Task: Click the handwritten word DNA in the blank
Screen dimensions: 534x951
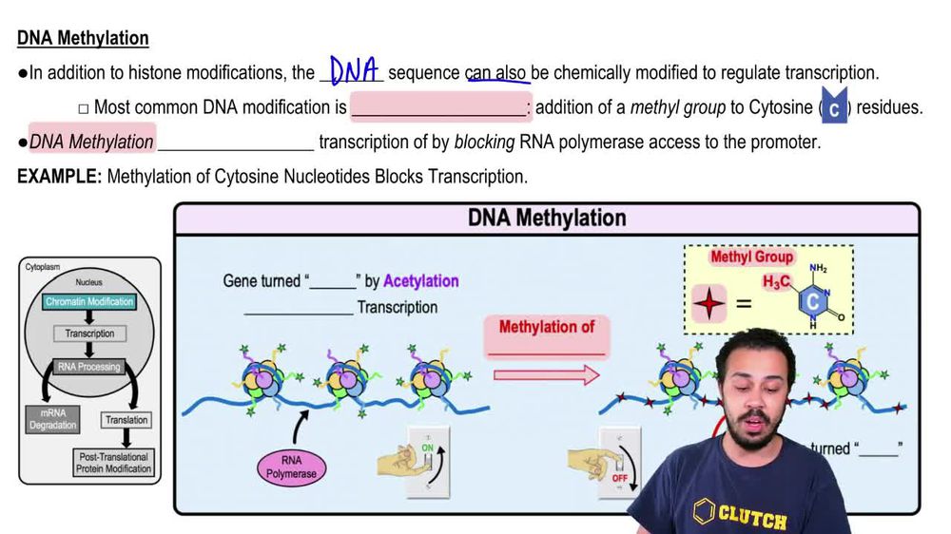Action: [x=354, y=70]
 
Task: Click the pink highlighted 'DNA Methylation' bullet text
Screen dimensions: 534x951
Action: [x=91, y=142]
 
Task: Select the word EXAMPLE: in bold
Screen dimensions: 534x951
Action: [x=59, y=177]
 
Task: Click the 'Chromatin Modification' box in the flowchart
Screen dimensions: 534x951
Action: [x=89, y=301]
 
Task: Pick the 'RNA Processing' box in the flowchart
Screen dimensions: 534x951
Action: [x=89, y=367]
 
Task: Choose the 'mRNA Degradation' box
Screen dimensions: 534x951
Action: [x=52, y=419]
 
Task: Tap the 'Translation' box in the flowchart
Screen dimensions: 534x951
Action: [x=126, y=419]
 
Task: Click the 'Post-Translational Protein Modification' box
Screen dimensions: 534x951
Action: [x=113, y=463]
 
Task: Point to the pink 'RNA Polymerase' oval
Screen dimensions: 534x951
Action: [x=291, y=467]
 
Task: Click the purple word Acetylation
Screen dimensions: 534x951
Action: [x=420, y=281]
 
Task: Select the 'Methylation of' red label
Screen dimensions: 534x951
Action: [x=547, y=327]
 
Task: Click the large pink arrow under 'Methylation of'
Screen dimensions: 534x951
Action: [x=547, y=373]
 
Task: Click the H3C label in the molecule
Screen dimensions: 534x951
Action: [x=777, y=282]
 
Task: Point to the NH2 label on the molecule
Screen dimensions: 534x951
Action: [x=818, y=269]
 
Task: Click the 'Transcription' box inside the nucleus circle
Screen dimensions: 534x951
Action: [x=89, y=334]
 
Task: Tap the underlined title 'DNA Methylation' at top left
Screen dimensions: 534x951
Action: [x=83, y=38]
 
